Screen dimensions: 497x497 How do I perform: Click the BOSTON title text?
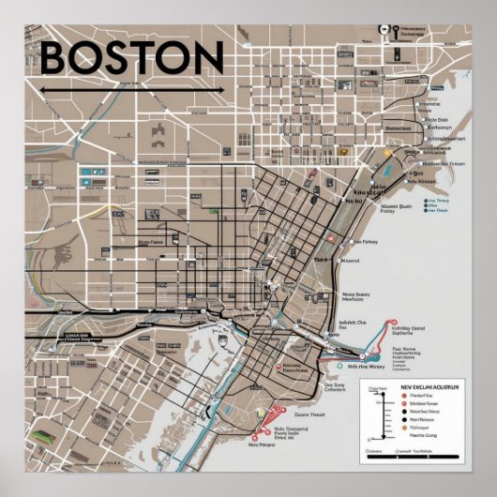131,58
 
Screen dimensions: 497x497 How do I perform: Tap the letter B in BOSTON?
57,58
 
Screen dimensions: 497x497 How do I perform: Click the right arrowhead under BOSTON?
220,90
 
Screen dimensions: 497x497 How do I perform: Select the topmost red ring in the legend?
403,397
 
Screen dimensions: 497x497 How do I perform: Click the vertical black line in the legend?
384,413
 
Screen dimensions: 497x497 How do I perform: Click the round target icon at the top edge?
384,29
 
